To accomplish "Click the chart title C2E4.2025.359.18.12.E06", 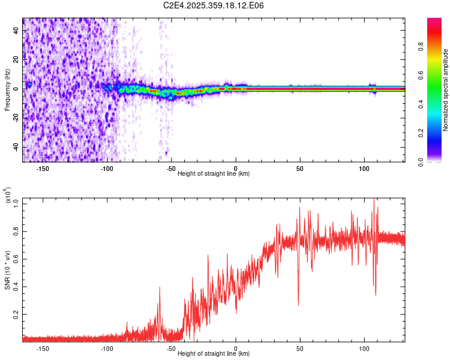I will [x=214, y=5].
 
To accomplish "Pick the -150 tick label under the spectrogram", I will [x=43, y=169].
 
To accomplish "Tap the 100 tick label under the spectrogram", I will [x=364, y=169].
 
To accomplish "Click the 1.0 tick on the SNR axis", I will [x=16, y=203].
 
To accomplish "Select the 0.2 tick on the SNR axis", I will [x=16, y=314].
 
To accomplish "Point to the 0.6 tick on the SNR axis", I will [x=16, y=259].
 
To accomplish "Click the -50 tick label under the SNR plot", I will [x=171, y=349].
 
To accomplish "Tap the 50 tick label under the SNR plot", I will [x=300, y=349].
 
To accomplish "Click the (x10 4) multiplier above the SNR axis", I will [x=7, y=195].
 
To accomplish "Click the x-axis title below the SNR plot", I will [x=214, y=354].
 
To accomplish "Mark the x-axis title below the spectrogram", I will [x=214, y=174].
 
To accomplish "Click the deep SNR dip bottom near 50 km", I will [x=298, y=305].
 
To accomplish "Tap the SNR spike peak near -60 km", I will [x=160, y=287].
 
